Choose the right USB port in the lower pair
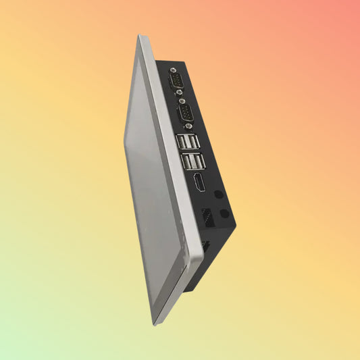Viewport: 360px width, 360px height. point(194,163)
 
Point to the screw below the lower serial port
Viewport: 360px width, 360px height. point(189,126)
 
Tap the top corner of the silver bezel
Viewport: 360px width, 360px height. point(141,36)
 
